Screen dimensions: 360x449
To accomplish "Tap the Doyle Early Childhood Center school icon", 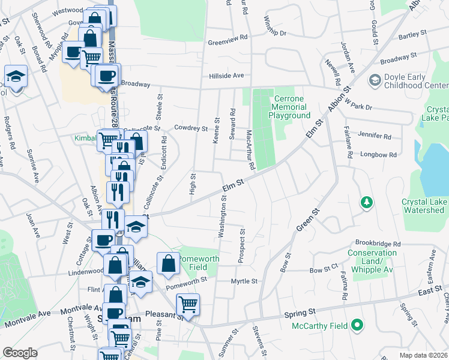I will pyautogui.click(x=375, y=80).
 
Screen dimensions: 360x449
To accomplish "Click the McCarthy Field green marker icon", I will pyautogui.click(x=358, y=326).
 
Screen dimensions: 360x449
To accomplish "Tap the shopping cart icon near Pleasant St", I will pyautogui.click(x=188, y=305).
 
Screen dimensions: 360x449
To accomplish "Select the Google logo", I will pyautogui.click(x=20, y=352).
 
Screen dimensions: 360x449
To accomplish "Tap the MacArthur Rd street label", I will pyautogui.click(x=251, y=150).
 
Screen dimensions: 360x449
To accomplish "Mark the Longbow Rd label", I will pyautogui.click(x=379, y=155).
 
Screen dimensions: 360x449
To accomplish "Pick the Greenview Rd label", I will pyautogui.click(x=228, y=40).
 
